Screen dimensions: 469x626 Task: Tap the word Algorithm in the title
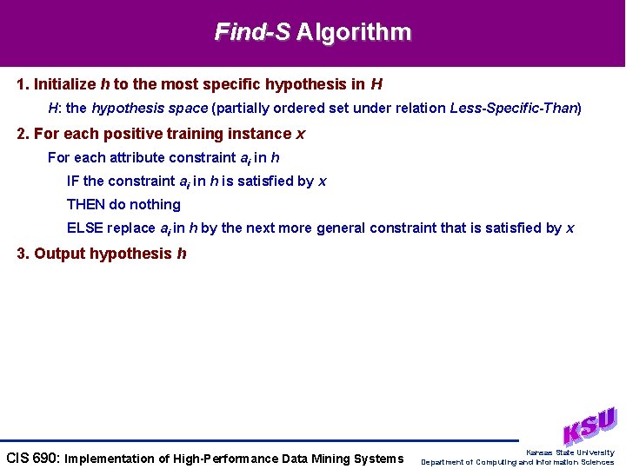point(353,33)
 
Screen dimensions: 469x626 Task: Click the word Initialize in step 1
point(65,85)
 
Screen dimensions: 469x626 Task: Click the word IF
point(73,182)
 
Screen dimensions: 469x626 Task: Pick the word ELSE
point(85,228)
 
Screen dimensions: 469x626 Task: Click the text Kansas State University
point(569,452)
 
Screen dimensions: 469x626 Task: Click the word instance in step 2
point(262,134)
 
